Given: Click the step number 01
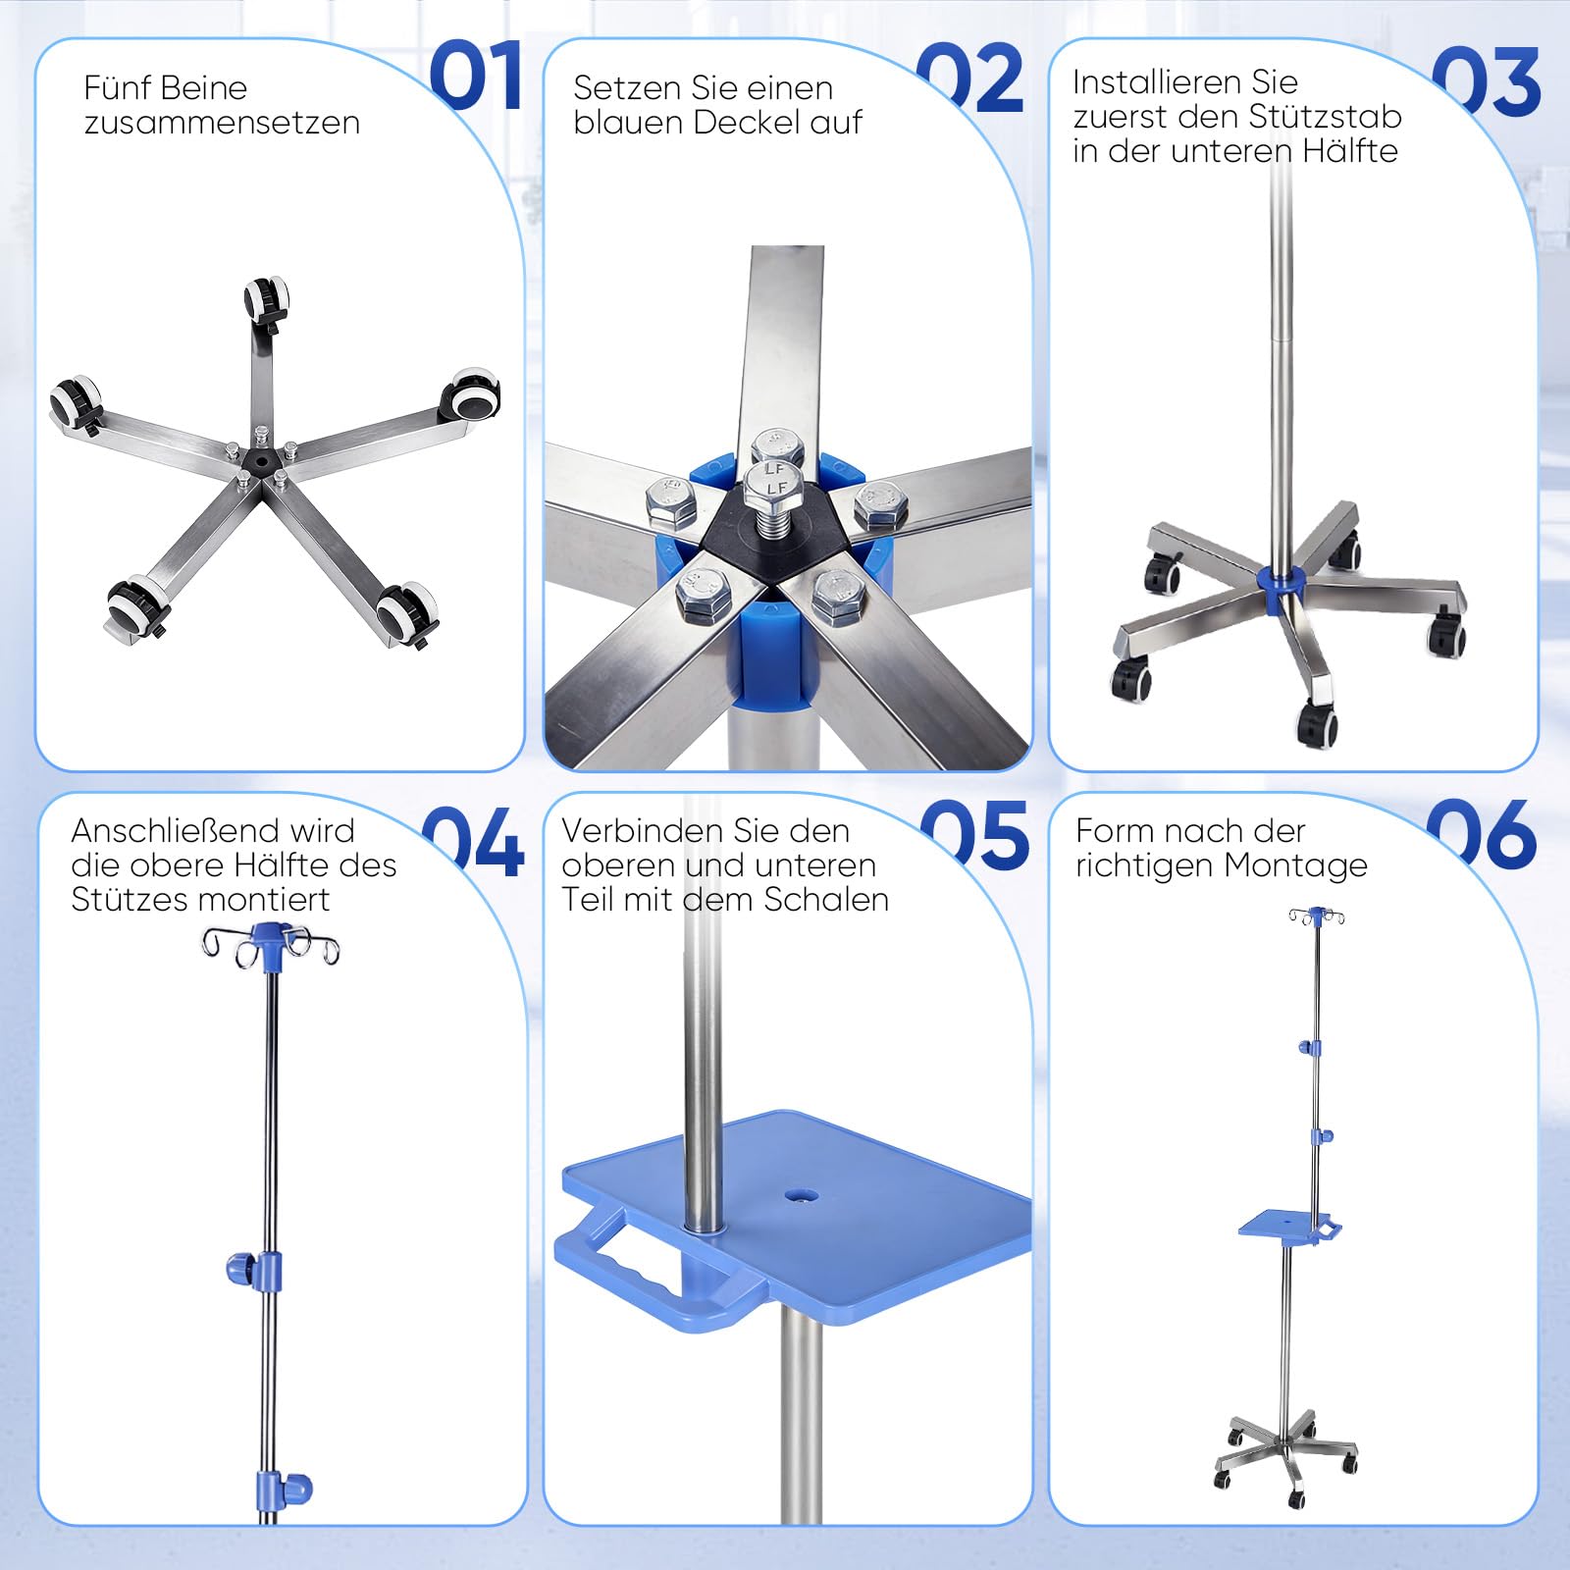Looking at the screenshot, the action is coord(476,76).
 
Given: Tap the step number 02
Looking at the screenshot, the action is coord(971,78).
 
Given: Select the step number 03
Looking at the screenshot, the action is coord(1486,81).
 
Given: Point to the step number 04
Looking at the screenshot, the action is coord(473,841).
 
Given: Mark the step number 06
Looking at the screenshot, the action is coord(1482,834).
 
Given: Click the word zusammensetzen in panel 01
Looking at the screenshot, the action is coord(222,123).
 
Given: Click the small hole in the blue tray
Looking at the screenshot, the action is coord(801,1196).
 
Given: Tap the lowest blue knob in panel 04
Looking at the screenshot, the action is coord(284,1488).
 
